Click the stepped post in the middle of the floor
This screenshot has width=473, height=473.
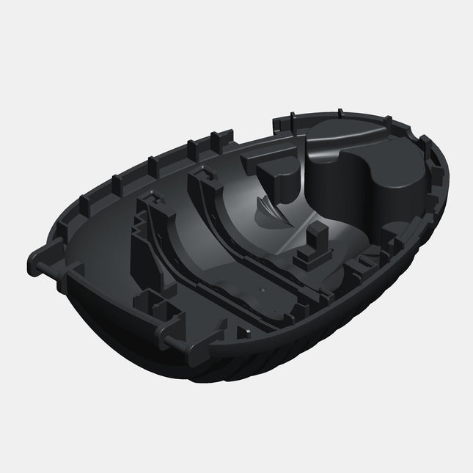[x=312, y=246]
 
